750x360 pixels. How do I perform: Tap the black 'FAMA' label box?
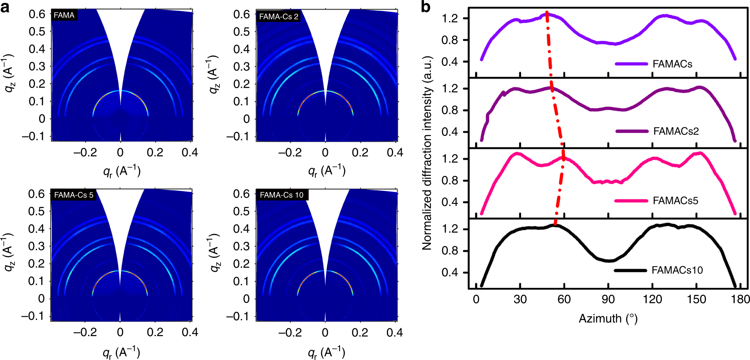coord(64,15)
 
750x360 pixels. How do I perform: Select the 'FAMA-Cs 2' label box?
coord(279,17)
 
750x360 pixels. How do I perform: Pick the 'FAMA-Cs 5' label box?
coord(74,195)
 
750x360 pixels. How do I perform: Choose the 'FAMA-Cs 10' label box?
coord(282,195)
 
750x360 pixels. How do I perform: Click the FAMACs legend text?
coord(672,64)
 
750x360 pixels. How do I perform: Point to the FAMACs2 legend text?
coord(676,131)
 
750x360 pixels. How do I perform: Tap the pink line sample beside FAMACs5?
coord(631,201)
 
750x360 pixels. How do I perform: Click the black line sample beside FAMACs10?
coord(630,270)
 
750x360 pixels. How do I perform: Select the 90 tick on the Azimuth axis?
coord(608,299)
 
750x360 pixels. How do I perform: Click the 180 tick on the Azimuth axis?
coord(740,299)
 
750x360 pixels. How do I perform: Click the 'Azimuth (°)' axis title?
coord(608,318)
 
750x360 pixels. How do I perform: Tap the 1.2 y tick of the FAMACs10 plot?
coord(450,229)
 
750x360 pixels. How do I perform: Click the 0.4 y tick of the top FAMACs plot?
coord(450,62)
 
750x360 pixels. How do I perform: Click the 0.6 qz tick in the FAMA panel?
coord(37,14)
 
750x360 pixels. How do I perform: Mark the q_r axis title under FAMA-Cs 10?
coord(326,352)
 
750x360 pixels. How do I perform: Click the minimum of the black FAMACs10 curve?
coord(609,261)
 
